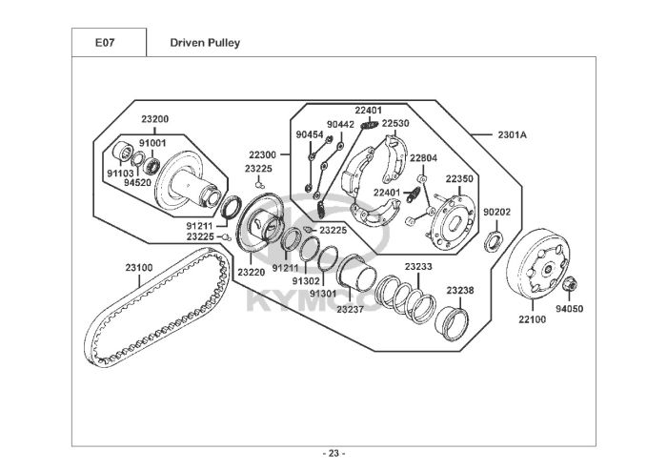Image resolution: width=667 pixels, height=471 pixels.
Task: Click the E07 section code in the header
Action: (105, 43)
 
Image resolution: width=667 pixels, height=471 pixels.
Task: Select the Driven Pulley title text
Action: (205, 43)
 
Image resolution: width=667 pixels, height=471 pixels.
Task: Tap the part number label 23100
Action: (139, 268)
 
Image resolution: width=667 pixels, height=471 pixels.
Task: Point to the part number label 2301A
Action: (513, 134)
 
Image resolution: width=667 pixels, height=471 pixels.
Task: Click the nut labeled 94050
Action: (569, 283)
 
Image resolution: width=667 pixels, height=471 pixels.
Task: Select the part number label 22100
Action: (532, 319)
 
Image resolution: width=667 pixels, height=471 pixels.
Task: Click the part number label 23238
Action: (460, 291)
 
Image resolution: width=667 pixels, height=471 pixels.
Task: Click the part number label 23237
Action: (350, 309)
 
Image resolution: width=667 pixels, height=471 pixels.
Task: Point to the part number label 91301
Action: (323, 294)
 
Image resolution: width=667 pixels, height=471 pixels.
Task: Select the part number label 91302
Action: (306, 281)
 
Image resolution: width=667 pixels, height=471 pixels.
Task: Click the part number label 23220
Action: (251, 273)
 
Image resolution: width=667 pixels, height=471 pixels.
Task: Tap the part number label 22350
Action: (459, 179)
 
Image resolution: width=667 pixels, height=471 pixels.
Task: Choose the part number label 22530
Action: (395, 123)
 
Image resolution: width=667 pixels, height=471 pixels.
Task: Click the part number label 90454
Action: (310, 134)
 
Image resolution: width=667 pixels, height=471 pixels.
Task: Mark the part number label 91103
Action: (120, 174)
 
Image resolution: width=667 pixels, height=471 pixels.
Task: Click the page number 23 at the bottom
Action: (333, 454)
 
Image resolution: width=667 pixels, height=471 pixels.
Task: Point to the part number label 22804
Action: (423, 158)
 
